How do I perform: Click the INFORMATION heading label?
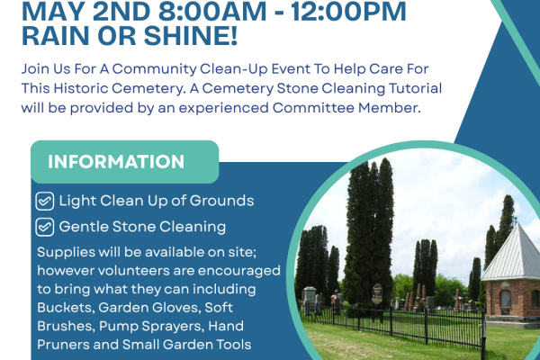[116, 162]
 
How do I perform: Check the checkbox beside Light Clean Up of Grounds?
[44, 201]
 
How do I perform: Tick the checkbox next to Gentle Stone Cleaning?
[44, 227]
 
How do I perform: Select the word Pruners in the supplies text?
[65, 344]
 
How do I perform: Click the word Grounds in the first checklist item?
[223, 201]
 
